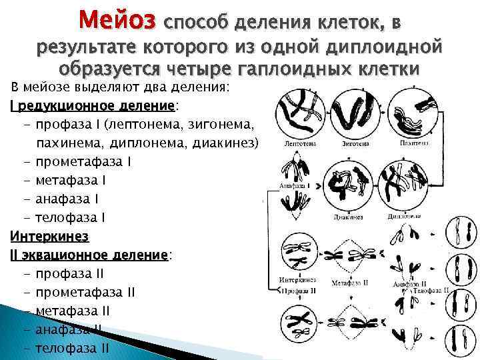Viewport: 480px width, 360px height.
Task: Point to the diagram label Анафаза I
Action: [293, 186]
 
